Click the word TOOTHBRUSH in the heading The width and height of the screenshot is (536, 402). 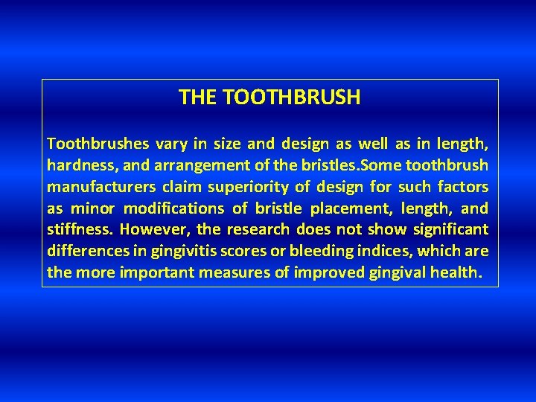(291, 98)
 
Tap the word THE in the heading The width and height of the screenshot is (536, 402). (198, 98)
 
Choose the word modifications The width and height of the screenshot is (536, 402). (173, 208)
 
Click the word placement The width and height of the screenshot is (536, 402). (338, 208)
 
